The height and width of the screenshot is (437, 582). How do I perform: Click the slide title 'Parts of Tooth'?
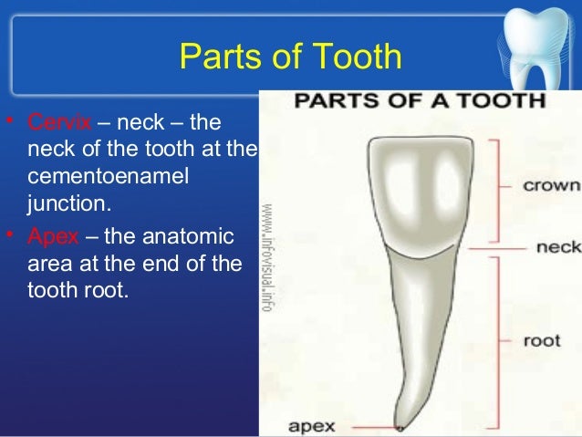291,57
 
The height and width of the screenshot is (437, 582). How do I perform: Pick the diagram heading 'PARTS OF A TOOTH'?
419,99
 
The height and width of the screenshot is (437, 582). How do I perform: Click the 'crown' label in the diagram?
550,185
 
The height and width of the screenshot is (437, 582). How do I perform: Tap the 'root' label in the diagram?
541,342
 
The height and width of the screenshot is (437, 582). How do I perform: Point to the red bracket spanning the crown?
496,187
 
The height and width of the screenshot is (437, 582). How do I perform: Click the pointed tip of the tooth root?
399,425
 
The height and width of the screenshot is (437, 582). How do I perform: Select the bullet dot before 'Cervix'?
10,122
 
